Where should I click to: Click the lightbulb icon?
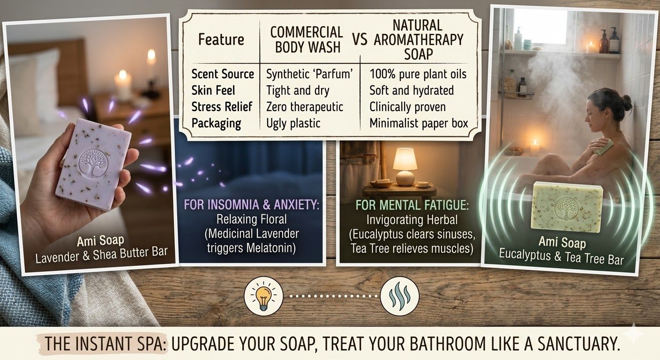coord(263,296)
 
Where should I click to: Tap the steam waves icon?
coord(399,296)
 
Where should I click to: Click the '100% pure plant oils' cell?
coord(418,74)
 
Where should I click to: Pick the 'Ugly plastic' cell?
coord(293,123)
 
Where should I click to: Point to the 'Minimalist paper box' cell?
coord(419,123)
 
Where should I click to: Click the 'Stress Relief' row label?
coord(223,107)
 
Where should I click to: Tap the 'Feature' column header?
coord(221,39)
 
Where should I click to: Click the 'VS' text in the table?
coord(360,40)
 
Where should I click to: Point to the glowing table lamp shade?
coord(405,159)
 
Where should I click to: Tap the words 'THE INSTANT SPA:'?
coord(105,344)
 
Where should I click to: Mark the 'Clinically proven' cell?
coord(407,107)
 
